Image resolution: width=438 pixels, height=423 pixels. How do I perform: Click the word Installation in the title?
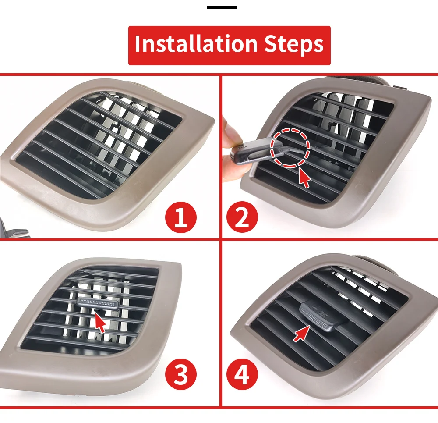tap(196, 43)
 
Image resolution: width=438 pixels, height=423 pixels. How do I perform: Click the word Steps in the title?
tap(294, 44)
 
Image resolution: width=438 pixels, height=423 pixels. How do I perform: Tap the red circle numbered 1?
tap(181, 217)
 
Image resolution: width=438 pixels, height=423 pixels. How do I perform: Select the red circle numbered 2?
tap(242, 217)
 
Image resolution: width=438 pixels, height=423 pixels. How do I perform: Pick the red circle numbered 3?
tap(181, 374)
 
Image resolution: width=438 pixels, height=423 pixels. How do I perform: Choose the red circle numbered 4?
tap(242, 374)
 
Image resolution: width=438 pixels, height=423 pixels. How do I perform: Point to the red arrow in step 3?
tap(100, 322)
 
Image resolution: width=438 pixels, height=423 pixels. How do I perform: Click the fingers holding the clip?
tap(233, 151)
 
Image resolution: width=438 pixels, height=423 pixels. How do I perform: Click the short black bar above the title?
tap(222, 7)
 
